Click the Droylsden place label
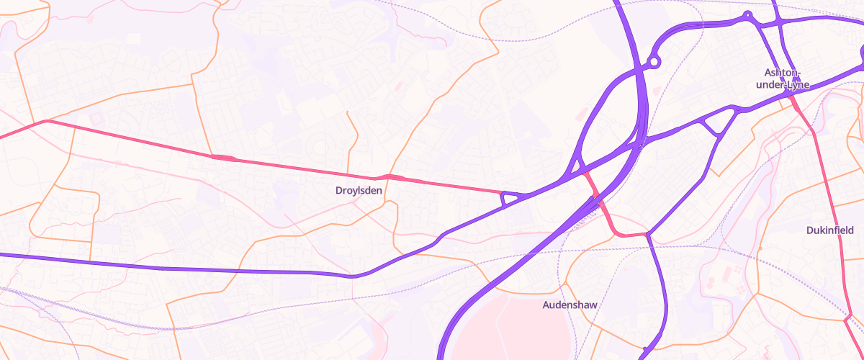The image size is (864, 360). tap(359, 191)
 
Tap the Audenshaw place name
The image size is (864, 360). tap(570, 305)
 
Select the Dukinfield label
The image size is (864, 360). tap(829, 230)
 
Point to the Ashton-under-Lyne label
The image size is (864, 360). tap(782, 78)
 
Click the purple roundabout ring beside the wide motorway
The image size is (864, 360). tap(654, 63)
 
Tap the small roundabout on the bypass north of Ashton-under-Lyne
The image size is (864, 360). tap(747, 15)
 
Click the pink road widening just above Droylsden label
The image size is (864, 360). tap(392, 177)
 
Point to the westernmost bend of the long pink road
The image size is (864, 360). tap(47, 121)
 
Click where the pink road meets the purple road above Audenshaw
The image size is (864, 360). tap(648, 233)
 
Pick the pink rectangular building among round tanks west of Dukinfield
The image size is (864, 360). tap(727, 272)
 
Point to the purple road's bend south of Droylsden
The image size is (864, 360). tap(353, 276)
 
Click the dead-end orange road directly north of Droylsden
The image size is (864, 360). tap(347, 112)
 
